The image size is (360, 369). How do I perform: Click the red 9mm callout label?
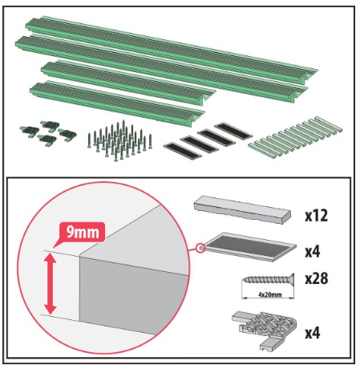coord(81,232)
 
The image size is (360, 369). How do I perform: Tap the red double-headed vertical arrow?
coord(51,284)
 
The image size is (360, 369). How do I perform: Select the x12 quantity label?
coord(316,216)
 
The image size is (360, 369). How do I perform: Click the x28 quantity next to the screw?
coord(317,278)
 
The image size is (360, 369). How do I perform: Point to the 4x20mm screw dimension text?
coord(269,294)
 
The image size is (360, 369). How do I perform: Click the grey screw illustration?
coord(268,280)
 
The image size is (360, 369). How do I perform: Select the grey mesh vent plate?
coord(249,246)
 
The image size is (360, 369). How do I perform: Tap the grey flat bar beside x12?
coord(242,210)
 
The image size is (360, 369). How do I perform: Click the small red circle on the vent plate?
coord(200,248)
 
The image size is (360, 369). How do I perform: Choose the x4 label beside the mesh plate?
coord(313,252)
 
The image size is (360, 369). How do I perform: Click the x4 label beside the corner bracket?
coord(313,333)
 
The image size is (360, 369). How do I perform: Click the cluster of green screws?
coord(119,141)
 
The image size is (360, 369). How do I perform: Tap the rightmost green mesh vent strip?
coord(233,131)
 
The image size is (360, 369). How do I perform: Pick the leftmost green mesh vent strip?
coord(183,151)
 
